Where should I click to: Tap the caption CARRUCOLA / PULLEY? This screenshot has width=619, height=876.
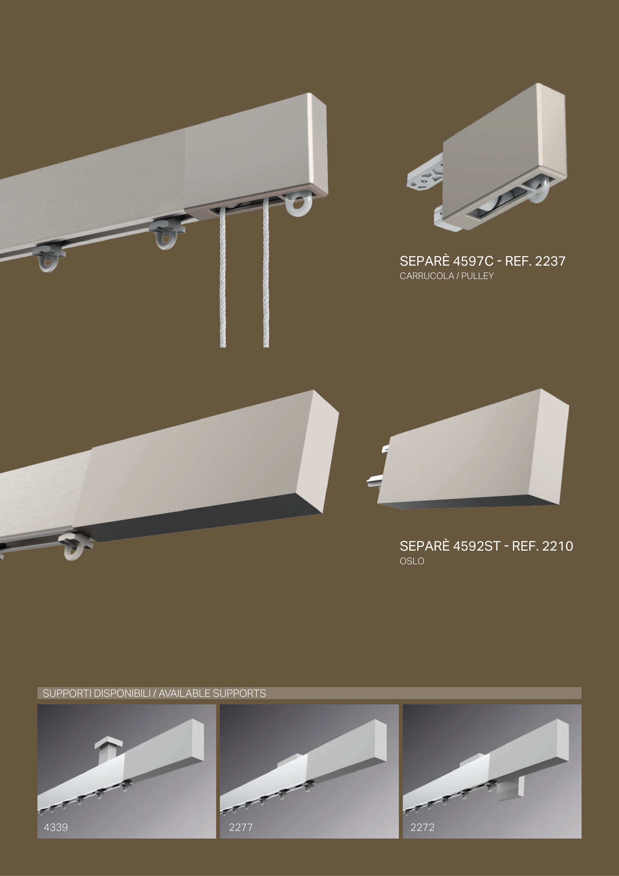pyautogui.click(x=447, y=276)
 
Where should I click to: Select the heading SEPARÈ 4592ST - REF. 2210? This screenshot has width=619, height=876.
pyautogui.click(x=486, y=546)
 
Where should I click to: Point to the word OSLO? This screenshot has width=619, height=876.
pyautogui.click(x=412, y=561)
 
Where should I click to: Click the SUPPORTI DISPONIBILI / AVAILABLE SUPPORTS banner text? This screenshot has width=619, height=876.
pyautogui.click(x=154, y=693)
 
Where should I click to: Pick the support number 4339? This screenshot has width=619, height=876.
pyautogui.click(x=56, y=827)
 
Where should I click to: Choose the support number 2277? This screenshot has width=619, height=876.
pyautogui.click(x=241, y=827)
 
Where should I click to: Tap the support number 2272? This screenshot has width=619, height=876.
pyautogui.click(x=422, y=827)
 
